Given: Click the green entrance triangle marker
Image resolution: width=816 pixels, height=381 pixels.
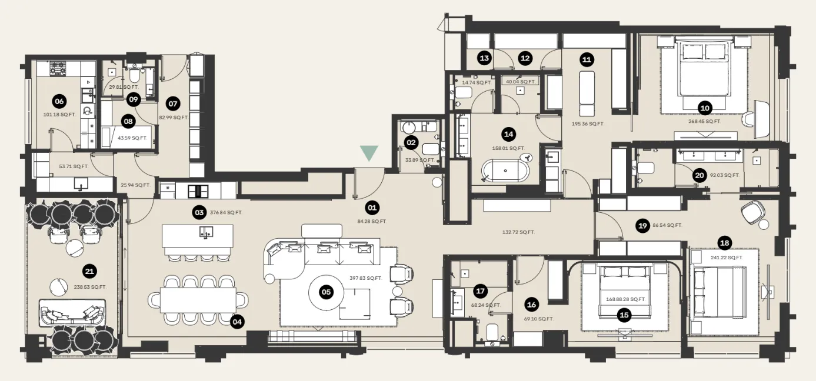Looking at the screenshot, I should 369,153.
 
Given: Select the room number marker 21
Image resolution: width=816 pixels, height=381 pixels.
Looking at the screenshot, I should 89,271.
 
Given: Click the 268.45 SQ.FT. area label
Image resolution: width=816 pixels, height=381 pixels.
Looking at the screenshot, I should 704,122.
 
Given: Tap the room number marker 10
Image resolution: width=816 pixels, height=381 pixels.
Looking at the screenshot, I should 704,107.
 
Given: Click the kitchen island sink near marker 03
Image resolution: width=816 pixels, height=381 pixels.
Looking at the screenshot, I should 205,231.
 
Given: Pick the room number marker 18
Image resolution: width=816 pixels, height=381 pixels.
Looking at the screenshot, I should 724,242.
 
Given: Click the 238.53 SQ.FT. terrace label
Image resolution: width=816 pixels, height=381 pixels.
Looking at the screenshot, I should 90,287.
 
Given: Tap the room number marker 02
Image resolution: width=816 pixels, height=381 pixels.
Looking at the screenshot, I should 411,142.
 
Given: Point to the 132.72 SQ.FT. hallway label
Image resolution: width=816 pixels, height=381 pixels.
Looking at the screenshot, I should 518,232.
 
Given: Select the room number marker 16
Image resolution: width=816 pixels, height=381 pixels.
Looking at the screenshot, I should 531,305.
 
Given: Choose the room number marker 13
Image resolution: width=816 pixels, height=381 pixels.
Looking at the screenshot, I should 484,58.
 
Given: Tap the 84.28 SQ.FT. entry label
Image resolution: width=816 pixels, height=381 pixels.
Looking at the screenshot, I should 371,222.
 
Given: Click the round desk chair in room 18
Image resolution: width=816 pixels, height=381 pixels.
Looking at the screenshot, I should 753,210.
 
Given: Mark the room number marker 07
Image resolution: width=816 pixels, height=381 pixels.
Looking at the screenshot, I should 173,103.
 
